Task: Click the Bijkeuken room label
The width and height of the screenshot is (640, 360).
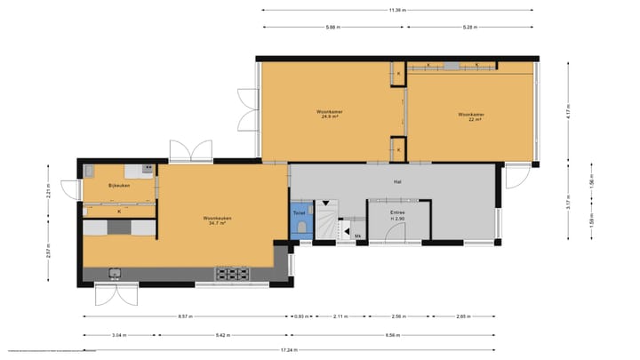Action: click(x=118, y=186)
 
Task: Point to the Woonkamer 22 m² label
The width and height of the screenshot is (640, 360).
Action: click(x=471, y=116)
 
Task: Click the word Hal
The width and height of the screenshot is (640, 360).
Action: click(x=399, y=181)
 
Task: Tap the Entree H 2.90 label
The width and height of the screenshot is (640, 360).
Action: click(x=397, y=216)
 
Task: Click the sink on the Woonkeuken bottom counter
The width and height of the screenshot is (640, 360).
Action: click(x=115, y=273)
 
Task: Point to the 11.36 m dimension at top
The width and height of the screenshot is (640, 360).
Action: click(x=397, y=10)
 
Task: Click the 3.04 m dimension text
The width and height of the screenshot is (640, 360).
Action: click(x=118, y=336)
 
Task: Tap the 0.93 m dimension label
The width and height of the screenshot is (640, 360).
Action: click(x=302, y=316)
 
